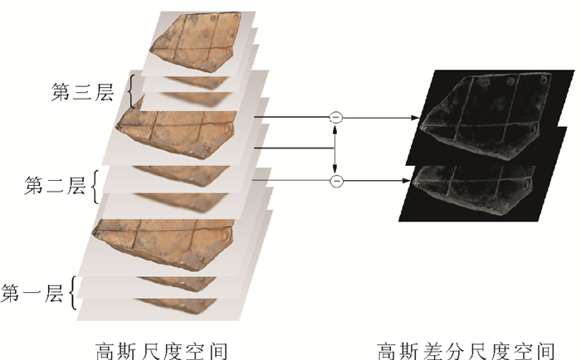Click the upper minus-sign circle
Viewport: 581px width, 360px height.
click(x=335, y=118)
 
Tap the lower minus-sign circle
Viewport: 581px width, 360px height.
click(x=335, y=180)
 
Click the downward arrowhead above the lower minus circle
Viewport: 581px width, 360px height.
click(x=335, y=168)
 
